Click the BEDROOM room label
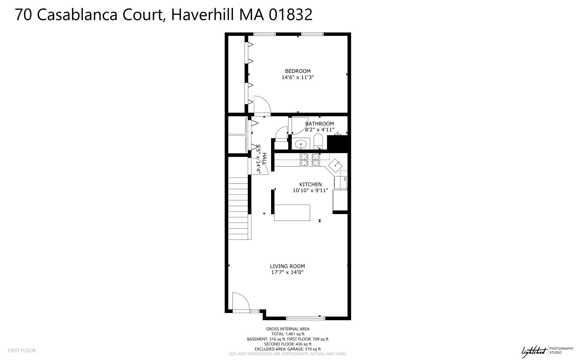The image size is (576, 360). pyautogui.click(x=298, y=71)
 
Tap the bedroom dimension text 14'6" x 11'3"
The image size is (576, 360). pyautogui.click(x=298, y=77)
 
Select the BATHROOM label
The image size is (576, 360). pyautogui.click(x=319, y=124)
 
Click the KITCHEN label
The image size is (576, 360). pyautogui.click(x=310, y=184)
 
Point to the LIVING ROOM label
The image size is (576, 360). pyautogui.click(x=287, y=266)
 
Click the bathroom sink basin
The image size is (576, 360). pyautogui.click(x=301, y=144)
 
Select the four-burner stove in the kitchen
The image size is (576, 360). pyautogui.click(x=310, y=160)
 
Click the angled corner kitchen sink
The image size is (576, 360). pyautogui.click(x=335, y=166)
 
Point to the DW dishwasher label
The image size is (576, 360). pyautogui.click(x=345, y=178)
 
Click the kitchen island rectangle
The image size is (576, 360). pyautogui.click(x=292, y=213)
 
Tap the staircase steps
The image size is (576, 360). pyautogui.click(x=238, y=208)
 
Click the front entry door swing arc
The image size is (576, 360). pyautogui.click(x=241, y=301)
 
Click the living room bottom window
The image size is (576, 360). pyautogui.click(x=305, y=318)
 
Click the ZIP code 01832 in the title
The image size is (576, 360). pyautogui.click(x=291, y=15)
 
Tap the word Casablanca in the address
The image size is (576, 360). pyautogui.click(x=77, y=15)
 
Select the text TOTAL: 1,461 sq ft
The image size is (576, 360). pyautogui.click(x=288, y=334)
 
